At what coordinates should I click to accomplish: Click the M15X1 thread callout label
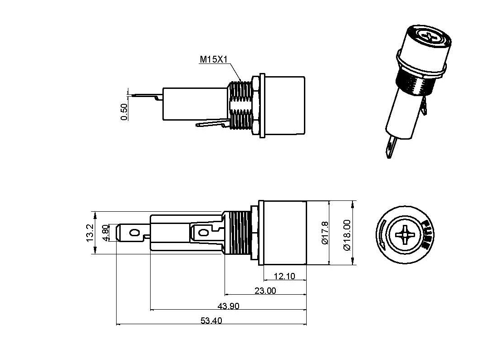(214, 59)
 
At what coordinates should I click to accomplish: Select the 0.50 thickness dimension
(124, 112)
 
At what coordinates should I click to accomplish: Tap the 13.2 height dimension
(90, 233)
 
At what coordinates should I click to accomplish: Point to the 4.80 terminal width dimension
(106, 233)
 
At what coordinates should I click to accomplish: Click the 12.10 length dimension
(284, 276)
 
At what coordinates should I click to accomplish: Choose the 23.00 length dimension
(265, 290)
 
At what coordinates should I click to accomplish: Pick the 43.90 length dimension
(228, 306)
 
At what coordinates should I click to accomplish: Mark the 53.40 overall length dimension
(211, 321)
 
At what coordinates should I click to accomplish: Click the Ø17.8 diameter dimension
(325, 233)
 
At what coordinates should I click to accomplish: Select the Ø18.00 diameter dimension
(347, 235)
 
